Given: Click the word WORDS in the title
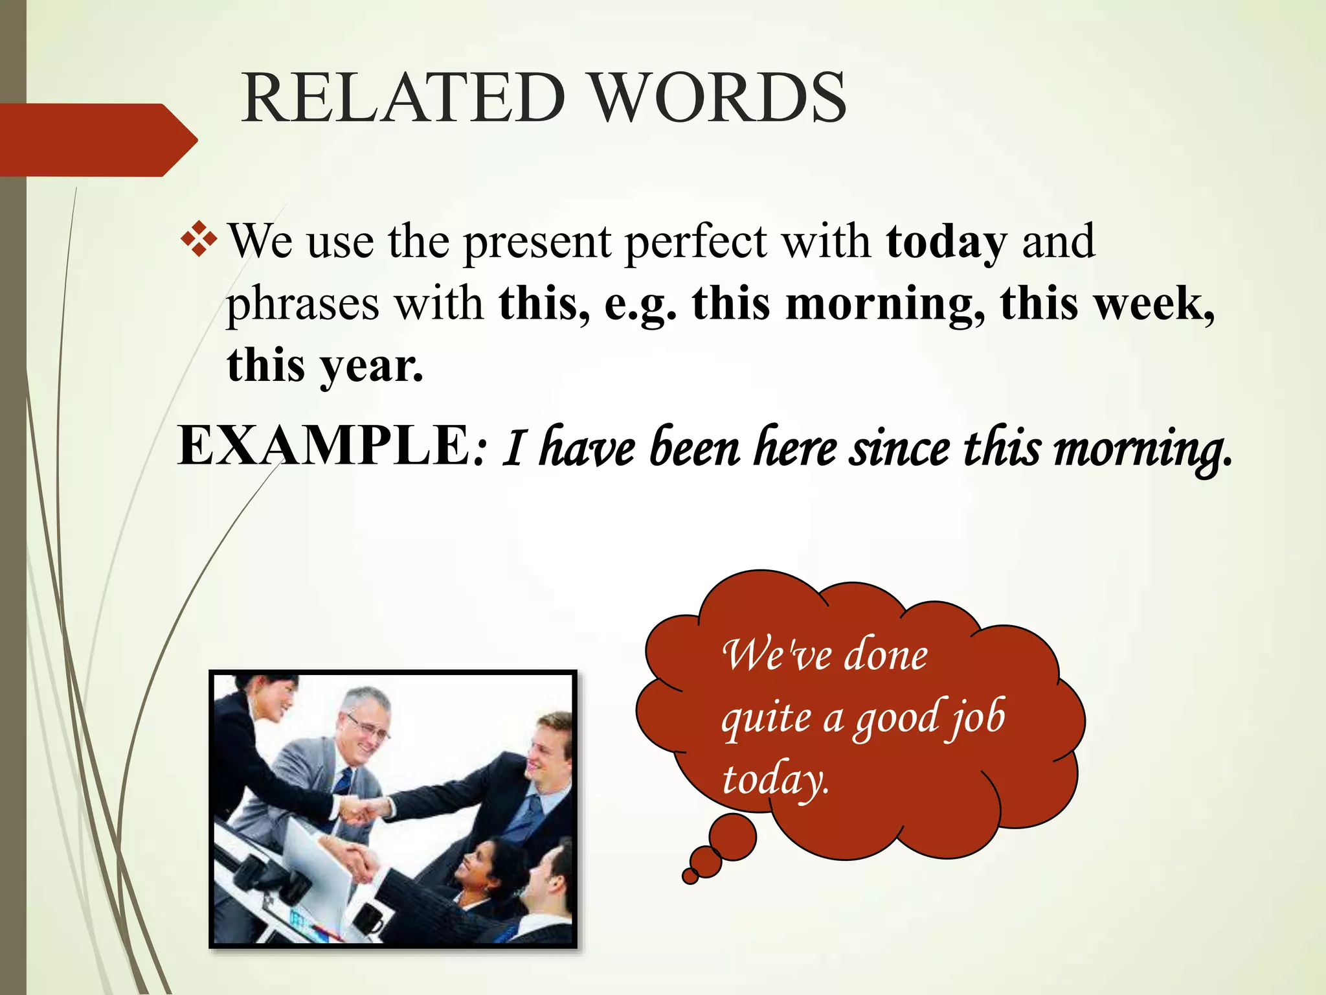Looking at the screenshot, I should (x=719, y=98).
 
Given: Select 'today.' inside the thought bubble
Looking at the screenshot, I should (x=774, y=780).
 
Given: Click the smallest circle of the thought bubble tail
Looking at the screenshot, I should (x=690, y=876).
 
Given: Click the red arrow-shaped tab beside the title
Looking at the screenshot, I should (x=97, y=140).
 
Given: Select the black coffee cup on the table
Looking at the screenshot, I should (x=370, y=917).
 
